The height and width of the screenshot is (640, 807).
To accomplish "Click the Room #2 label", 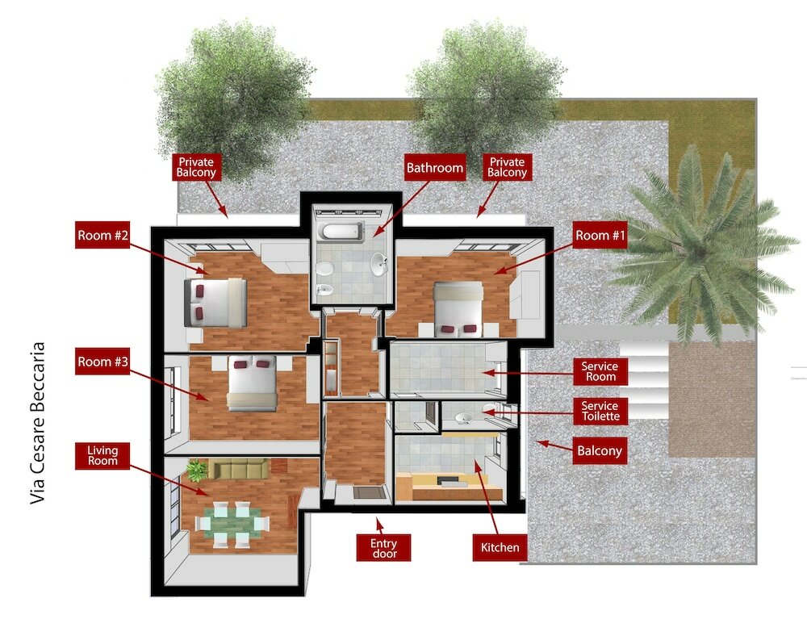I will point(102,236).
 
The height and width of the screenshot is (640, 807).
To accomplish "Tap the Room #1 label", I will point(600,235).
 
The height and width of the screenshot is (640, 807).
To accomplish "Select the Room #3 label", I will point(102,362).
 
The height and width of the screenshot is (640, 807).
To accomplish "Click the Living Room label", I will point(102,454).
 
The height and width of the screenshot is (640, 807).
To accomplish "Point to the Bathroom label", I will point(435,168).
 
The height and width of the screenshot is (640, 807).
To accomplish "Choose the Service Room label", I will point(600,371).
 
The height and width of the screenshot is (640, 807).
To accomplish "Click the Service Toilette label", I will point(600,411).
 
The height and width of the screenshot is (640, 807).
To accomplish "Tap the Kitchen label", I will point(500,547).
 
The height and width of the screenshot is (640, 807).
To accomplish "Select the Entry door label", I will point(383,547).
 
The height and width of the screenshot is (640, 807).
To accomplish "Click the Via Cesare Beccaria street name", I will point(38,424).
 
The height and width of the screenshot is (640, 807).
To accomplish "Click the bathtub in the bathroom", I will point(341,232).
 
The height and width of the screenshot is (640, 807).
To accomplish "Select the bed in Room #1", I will point(458,307).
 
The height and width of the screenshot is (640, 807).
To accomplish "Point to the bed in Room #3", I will point(252,383).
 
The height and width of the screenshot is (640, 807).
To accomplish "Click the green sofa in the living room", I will point(238,468).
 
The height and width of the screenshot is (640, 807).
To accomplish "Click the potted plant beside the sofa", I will point(196,470).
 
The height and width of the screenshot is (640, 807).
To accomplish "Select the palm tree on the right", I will point(694,242).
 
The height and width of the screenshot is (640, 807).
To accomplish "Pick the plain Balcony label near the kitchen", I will point(599,450).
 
